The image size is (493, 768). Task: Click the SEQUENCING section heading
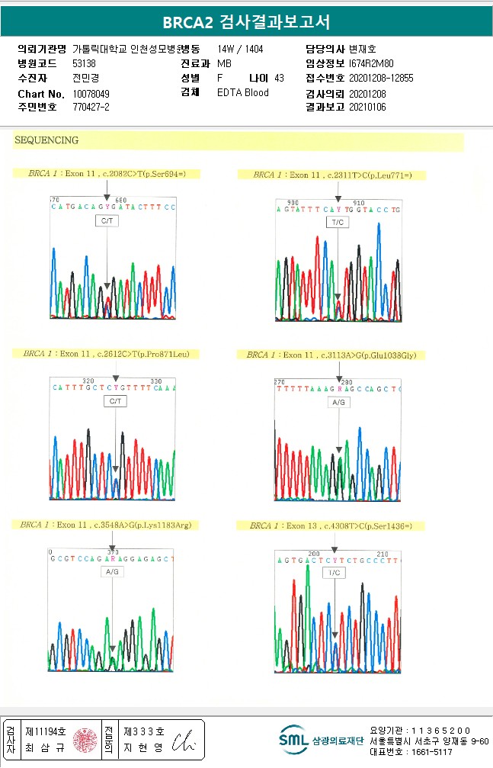tap(46, 140)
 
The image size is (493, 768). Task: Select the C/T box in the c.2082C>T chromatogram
tap(107, 220)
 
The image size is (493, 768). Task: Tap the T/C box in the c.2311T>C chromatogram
tap(337, 222)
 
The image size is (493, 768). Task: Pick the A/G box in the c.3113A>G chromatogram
tap(339, 401)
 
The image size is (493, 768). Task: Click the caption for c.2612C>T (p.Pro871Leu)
tap(110, 354)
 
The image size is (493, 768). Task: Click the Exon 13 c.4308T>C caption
tap(337, 525)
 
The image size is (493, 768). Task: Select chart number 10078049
tap(91, 94)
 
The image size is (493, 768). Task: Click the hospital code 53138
tap(84, 64)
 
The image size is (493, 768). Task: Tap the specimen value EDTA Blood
tap(242, 93)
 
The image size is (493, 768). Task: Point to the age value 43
tap(279, 79)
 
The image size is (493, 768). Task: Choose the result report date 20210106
tap(367, 108)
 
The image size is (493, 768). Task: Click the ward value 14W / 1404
tap(240, 49)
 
